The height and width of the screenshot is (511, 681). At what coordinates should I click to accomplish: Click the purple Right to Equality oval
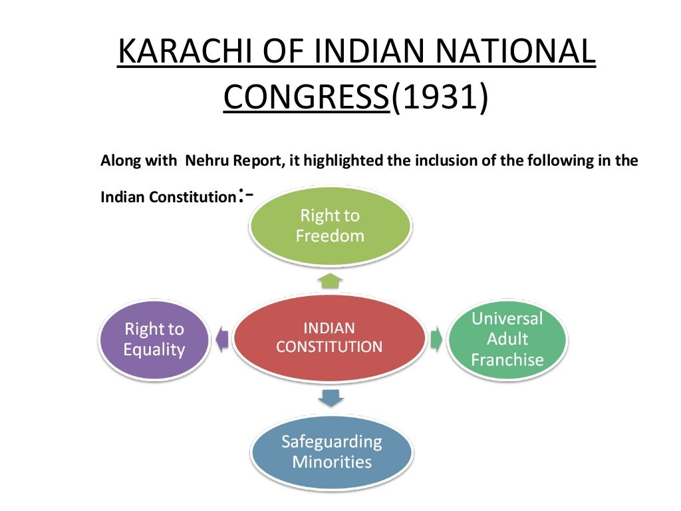[154, 339]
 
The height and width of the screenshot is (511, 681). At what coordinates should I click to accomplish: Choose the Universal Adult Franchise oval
[507, 339]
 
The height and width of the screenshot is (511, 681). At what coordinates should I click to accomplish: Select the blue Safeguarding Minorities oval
[331, 452]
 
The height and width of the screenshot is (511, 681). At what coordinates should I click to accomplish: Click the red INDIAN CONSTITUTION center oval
[329, 338]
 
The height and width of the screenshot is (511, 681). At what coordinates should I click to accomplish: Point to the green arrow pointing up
[331, 279]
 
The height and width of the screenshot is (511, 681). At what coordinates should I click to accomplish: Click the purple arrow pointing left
[221, 339]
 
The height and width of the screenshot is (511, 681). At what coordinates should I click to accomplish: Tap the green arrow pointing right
[436, 339]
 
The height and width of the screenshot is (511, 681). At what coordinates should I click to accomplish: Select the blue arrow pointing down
[331, 398]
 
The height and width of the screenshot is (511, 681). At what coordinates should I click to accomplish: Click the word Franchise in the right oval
[507, 361]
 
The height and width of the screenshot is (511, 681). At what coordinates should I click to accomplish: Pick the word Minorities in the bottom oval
[331, 462]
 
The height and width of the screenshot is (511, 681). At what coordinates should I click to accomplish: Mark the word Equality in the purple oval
[154, 350]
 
